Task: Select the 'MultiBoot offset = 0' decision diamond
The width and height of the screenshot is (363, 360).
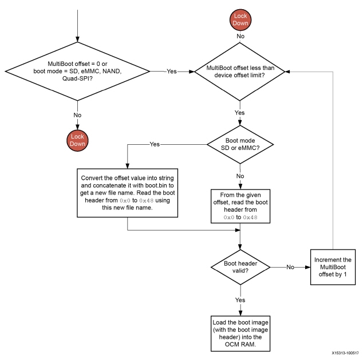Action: [77, 72]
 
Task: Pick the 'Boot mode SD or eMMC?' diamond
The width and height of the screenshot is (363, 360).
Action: [239, 144]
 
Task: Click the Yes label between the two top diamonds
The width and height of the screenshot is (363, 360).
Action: [171, 72]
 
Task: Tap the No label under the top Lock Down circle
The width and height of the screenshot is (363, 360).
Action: [239, 36]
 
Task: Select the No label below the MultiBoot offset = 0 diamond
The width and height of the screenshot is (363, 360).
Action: [77, 114]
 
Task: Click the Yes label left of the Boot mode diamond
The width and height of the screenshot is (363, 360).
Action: [155, 144]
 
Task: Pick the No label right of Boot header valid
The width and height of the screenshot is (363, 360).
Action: [291, 266]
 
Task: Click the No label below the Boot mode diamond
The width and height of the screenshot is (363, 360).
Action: [239, 176]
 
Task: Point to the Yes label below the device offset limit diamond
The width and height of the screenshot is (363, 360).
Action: [239, 113]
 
